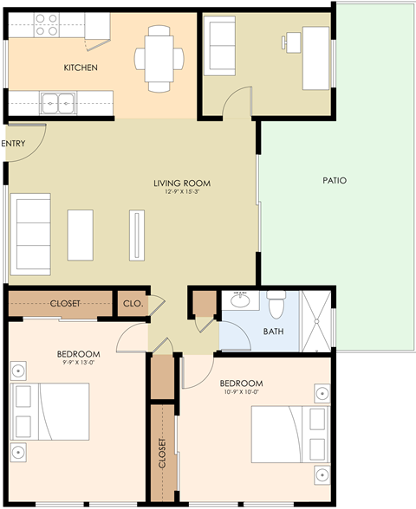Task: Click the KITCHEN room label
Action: pyautogui.click(x=81, y=68)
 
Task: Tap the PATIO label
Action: pyautogui.click(x=335, y=181)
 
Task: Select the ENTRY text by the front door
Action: pyautogui.click(x=14, y=144)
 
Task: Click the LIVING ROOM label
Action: pyautogui.click(x=182, y=184)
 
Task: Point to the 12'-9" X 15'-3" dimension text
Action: pyautogui.click(x=182, y=192)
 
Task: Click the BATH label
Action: pyautogui.click(x=274, y=332)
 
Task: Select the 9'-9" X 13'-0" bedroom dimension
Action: pyautogui.click(x=78, y=364)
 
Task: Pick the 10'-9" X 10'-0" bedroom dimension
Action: pyautogui.click(x=242, y=392)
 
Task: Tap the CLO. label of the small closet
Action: pyautogui.click(x=133, y=304)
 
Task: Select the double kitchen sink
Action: pyautogui.click(x=58, y=103)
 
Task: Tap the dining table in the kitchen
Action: pyautogui.click(x=159, y=58)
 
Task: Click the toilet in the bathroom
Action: pyautogui.click(x=276, y=306)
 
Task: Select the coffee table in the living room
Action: pyautogui.click(x=81, y=235)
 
